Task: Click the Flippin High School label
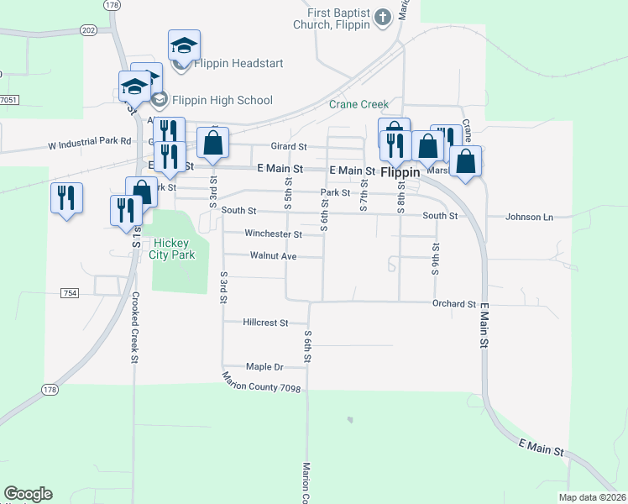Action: pos(221,100)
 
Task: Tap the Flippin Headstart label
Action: pos(238,63)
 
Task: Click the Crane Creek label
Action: pos(358,104)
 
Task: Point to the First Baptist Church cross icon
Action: pos(382,17)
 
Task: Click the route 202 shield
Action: pos(89,29)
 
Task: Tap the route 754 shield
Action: pos(70,292)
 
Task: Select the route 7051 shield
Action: pos(8,100)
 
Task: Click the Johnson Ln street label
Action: pos(529,217)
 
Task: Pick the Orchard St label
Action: pos(454,303)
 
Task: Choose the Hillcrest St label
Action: pos(265,322)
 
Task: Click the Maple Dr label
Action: pos(265,367)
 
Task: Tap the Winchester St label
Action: pos(273,234)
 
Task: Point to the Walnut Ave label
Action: pos(274,255)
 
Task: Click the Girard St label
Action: pos(288,146)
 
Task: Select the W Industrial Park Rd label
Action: pos(91,142)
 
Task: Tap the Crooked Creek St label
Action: pos(134,328)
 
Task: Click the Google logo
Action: pos(28,494)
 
